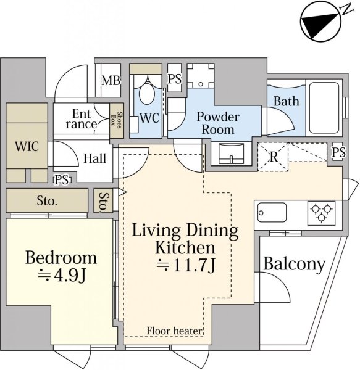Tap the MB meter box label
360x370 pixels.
coord(111,80)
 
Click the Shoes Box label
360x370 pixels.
coord(117,120)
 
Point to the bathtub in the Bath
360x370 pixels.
coord(324,108)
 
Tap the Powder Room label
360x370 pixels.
coord(218,123)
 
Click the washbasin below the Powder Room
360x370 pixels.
coord(232,154)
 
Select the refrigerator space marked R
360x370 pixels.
coord(273,157)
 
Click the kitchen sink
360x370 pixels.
coord(272,212)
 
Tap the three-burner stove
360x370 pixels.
coord(321,213)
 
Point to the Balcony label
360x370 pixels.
coord(295,265)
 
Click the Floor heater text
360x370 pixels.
coord(174,331)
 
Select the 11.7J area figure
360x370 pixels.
coord(186,265)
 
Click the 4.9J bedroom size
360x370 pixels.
coord(61,276)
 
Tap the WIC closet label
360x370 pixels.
coord(27,146)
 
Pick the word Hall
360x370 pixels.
coord(94,158)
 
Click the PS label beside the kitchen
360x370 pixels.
coord(338,152)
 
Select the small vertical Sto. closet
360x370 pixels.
coord(103,200)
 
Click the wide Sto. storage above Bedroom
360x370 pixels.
coord(47,200)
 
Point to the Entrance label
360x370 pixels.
coord(82,119)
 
